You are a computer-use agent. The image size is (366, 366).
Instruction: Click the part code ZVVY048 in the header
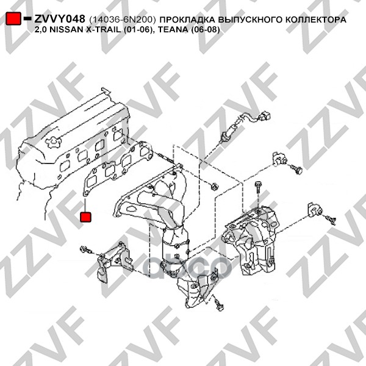pyautogui.click(x=60, y=19)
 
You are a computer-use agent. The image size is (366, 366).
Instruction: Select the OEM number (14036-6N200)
pyautogui.click(x=122, y=20)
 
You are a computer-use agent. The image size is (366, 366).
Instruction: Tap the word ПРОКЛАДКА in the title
pyautogui.click(x=187, y=20)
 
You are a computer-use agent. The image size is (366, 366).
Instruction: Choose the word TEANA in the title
pyautogui.click(x=173, y=30)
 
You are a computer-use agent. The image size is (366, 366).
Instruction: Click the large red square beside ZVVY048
pyautogui.click(x=13, y=18)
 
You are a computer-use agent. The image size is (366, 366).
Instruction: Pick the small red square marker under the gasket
pyautogui.click(x=85, y=217)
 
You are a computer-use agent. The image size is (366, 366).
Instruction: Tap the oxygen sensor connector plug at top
pyautogui.click(x=264, y=116)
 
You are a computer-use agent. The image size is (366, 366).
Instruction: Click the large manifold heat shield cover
pyautogui.click(x=251, y=240)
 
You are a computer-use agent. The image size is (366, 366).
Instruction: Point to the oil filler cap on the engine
pyautogui.click(x=52, y=142)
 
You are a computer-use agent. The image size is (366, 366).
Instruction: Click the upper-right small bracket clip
pyautogui.click(x=279, y=159)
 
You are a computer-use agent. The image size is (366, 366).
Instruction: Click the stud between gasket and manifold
pyautogui.click(x=167, y=158)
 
